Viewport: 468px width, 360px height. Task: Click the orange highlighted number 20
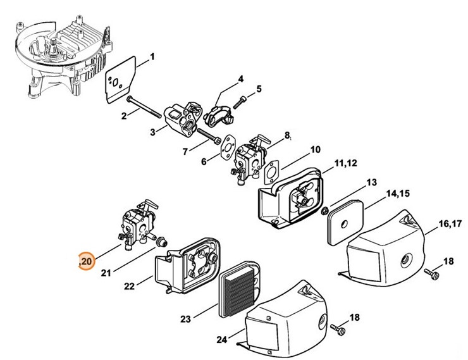tap(85, 260)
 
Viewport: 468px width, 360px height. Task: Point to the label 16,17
tap(450, 223)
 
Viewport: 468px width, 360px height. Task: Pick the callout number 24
tap(221, 340)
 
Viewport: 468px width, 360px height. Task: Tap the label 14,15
tap(398, 192)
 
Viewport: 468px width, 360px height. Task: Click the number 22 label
tap(129, 286)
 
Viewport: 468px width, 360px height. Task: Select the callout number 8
tap(287, 135)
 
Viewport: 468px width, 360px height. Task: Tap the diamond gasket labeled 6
tap(226, 147)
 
